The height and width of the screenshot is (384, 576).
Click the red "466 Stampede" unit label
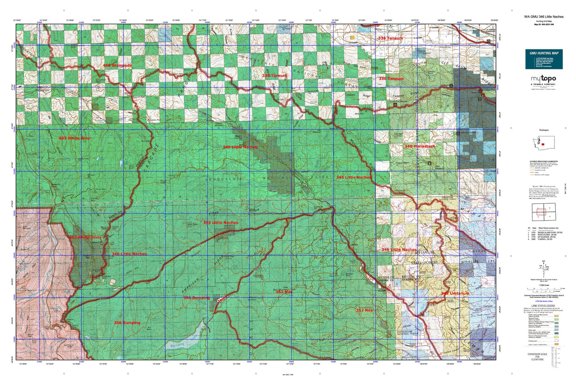117,65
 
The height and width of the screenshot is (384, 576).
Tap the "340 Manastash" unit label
420,146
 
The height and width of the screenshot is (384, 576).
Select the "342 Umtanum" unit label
455,293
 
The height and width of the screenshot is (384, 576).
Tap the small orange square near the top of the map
352,37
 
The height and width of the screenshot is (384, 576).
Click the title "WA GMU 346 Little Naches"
544,17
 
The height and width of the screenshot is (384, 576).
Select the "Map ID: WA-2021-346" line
544,24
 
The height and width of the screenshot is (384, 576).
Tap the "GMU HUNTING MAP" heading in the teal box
544,53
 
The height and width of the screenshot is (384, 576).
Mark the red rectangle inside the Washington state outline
543,144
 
